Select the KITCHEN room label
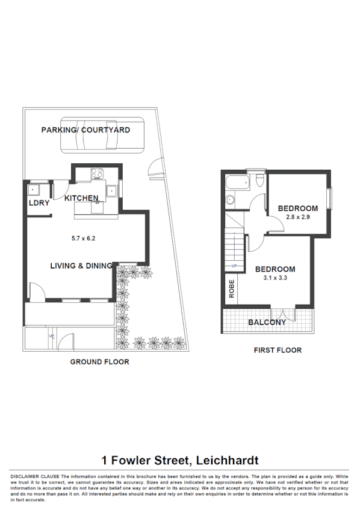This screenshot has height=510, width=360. (81, 198)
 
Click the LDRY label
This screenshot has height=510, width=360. (39, 203)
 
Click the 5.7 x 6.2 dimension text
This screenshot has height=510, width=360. (84, 238)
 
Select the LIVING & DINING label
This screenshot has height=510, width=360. (81, 266)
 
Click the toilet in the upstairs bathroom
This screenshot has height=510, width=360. (259, 181)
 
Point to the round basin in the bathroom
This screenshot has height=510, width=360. (229, 201)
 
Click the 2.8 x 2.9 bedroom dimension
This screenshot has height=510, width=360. (297, 217)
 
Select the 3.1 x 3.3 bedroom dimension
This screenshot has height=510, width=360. (275, 278)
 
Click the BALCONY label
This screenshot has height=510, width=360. (267, 322)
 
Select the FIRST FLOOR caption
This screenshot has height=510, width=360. (278, 350)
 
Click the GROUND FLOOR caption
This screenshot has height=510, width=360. (99, 362)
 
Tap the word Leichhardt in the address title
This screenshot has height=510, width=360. (226, 461)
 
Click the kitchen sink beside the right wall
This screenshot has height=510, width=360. (113, 191)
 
